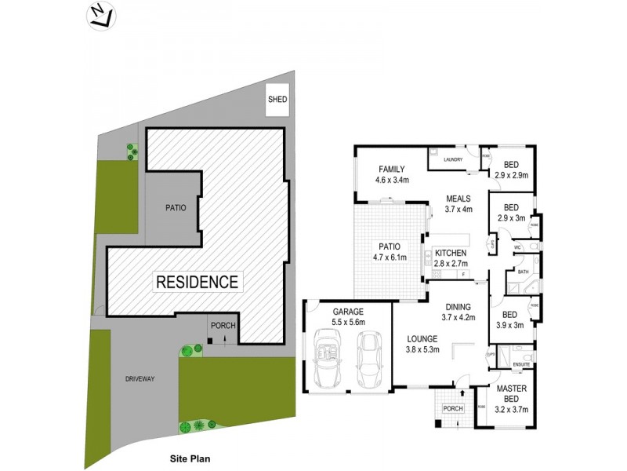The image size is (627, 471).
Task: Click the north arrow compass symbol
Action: coord(99,16)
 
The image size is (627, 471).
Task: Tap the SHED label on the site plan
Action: coord(277,100)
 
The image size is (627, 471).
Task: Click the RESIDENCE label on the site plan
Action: coord(197,281)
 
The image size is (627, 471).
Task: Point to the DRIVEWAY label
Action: coord(140,379)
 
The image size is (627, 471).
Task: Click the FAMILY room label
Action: coord(391,170)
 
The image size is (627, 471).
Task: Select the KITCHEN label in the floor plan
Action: coord(451,253)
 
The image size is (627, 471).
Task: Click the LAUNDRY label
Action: coord(454,160)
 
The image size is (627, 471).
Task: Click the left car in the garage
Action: coord(328,359)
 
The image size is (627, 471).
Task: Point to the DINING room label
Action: coord(458,307)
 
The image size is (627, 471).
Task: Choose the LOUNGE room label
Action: coord(422,339)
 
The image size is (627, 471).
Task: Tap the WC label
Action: coord(518,248)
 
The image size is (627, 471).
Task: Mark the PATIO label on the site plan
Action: coord(175,208)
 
